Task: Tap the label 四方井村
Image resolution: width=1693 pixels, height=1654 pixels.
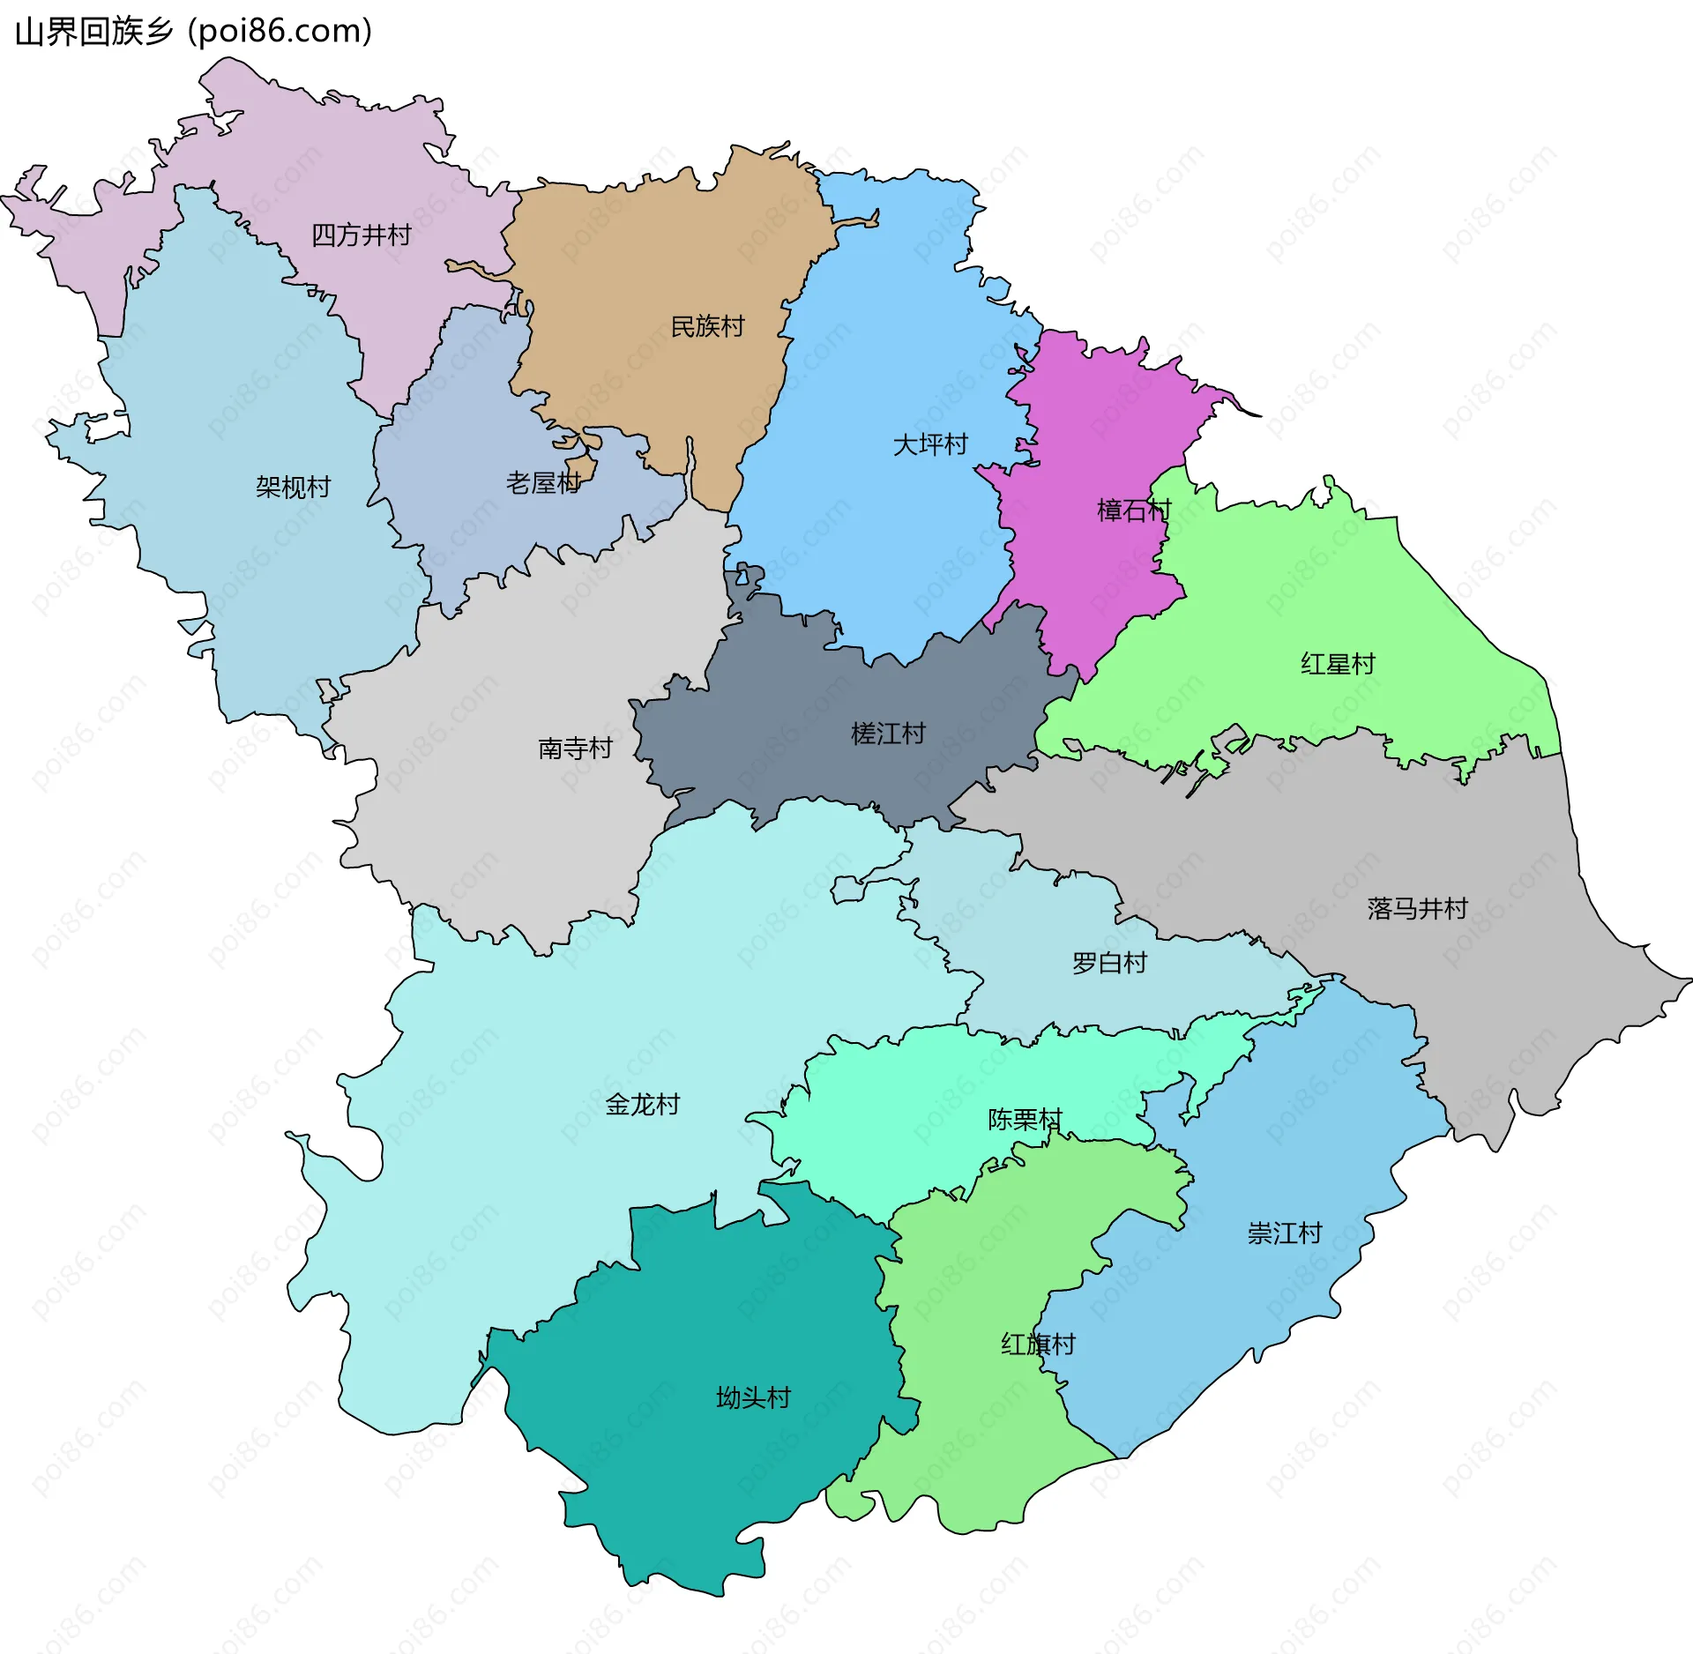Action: [x=362, y=235]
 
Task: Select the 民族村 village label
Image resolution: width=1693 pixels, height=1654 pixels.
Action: [x=707, y=327]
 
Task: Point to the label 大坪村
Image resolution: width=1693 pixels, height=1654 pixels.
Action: [x=930, y=444]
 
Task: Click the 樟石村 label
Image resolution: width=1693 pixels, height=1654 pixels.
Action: [x=1134, y=510]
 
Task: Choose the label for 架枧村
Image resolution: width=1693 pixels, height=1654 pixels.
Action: [x=293, y=487]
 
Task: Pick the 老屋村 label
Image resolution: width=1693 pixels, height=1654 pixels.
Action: [x=543, y=483]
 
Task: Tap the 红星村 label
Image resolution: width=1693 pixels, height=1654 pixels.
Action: [x=1338, y=664]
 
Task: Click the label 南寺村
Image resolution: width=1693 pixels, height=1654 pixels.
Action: [x=575, y=749]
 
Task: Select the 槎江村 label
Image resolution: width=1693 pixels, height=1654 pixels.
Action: [x=888, y=734]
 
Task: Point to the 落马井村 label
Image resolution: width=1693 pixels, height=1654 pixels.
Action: [x=1417, y=908]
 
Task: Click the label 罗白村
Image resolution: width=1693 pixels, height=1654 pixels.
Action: [x=1109, y=963]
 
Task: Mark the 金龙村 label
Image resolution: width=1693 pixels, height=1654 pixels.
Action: [x=642, y=1105]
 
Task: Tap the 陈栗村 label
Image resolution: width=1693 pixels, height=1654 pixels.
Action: [x=1025, y=1120]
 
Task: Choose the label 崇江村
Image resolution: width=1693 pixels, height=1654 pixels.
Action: [x=1285, y=1233]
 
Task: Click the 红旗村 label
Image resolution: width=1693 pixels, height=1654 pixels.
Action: [x=1038, y=1345]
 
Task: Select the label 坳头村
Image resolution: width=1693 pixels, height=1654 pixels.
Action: [x=753, y=1397]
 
